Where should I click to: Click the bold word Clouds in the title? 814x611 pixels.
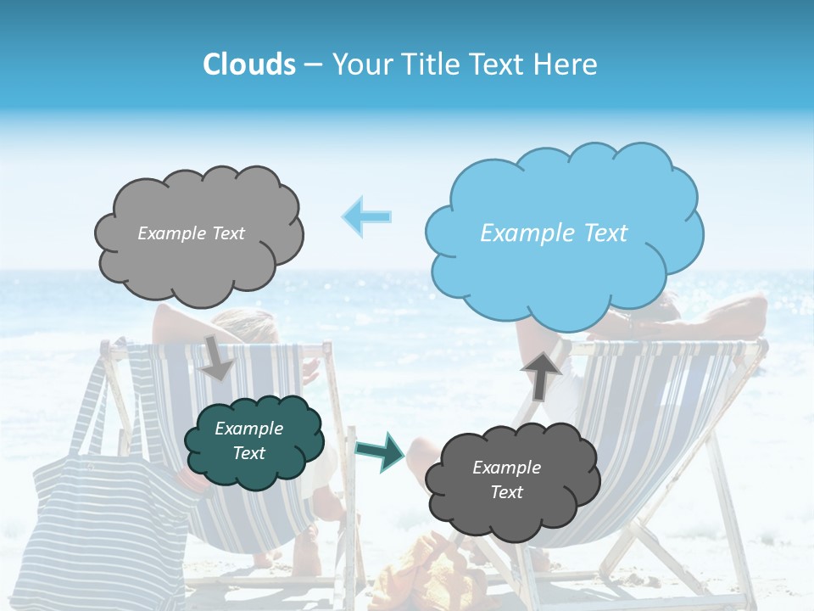click(249, 64)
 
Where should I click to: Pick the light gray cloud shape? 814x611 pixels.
click(199, 263)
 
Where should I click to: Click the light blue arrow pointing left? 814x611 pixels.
click(366, 216)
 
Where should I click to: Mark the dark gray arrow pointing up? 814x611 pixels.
click(542, 374)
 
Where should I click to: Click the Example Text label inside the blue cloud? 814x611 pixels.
click(554, 233)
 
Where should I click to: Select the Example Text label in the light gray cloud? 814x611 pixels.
click(191, 233)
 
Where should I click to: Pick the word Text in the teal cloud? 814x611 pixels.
click(248, 453)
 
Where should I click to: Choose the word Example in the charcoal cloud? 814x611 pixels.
click(506, 468)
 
